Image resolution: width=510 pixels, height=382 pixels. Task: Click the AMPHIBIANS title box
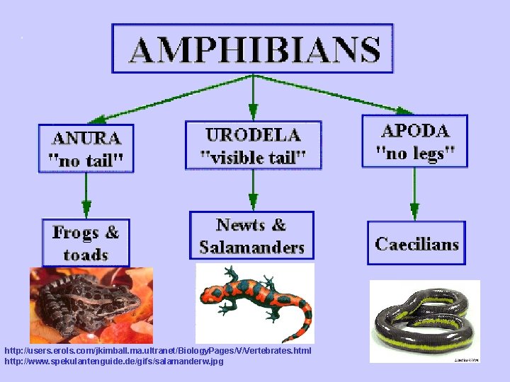(x=253, y=48)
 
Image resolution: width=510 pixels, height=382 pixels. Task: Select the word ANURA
(x=86, y=136)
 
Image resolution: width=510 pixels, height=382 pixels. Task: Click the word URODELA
(x=253, y=134)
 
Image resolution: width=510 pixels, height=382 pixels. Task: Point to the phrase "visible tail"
(x=253, y=156)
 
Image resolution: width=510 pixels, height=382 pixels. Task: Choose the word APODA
(x=415, y=131)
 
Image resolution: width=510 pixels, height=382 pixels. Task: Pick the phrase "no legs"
(x=415, y=152)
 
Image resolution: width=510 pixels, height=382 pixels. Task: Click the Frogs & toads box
(x=86, y=243)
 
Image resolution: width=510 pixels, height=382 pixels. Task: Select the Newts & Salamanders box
(x=251, y=236)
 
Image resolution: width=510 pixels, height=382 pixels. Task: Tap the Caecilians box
(x=416, y=244)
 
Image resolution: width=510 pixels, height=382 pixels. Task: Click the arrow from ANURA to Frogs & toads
(x=86, y=195)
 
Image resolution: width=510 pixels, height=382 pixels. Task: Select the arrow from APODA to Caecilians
(x=415, y=194)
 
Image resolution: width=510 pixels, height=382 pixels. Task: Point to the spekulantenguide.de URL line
(x=113, y=361)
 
